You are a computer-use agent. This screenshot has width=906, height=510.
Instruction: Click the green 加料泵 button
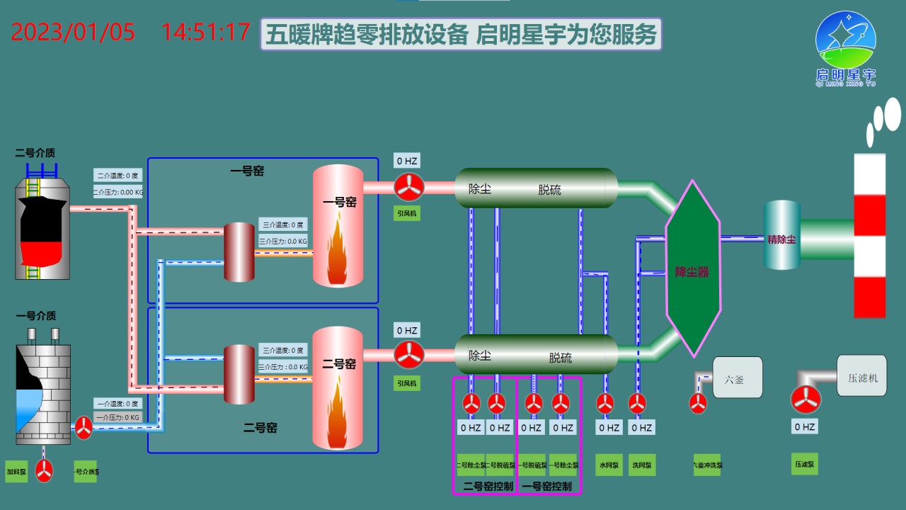pos(16,472)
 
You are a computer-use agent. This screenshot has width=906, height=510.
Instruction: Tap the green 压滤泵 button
pos(804,464)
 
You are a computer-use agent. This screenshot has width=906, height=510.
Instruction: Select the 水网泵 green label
pos(609,465)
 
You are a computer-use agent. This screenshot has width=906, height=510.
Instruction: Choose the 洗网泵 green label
pos(642,465)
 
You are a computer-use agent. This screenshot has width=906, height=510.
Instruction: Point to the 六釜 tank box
pos(737,378)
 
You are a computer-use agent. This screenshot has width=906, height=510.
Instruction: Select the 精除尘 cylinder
pos(782,235)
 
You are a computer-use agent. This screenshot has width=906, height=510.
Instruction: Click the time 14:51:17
pos(206,33)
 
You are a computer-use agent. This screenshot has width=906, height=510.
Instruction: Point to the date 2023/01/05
pos(73,33)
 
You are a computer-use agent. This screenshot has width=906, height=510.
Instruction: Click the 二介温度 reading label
pos(117,176)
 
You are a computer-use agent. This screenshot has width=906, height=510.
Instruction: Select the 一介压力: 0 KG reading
pos(117,417)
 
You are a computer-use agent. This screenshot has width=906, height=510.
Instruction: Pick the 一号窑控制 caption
pos(546,486)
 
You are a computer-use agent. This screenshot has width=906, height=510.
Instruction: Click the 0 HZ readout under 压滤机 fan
pos(804,427)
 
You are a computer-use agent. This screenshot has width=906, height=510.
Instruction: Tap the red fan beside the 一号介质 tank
pos(84,427)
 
